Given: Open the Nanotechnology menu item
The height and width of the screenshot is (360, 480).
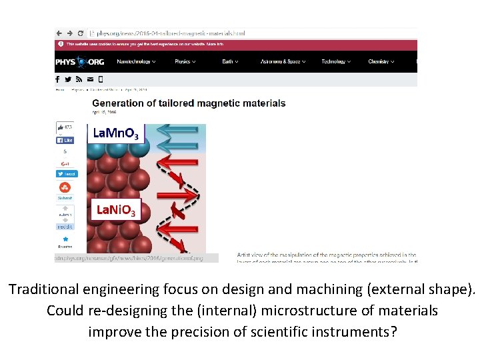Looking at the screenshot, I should pyautogui.click(x=135, y=62).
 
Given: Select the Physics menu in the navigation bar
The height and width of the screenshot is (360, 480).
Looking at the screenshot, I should pyautogui.click(x=184, y=62).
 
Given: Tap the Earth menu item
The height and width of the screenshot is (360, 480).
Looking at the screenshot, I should pyautogui.click(x=229, y=62).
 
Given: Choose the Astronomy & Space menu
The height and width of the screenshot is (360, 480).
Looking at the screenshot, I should pyautogui.click(x=283, y=62).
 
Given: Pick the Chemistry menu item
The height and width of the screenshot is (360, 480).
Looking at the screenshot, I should pyautogui.click(x=381, y=62).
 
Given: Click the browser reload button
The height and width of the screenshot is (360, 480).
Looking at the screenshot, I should pyautogui.click(x=81, y=33).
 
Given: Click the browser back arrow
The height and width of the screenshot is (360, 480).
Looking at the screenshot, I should pyautogui.click(x=60, y=33).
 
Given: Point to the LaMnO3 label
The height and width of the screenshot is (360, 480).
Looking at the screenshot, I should pyautogui.click(x=116, y=134).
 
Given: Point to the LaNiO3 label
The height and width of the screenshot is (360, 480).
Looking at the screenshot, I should pyautogui.click(x=116, y=211).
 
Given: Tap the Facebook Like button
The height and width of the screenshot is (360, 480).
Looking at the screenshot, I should pyautogui.click(x=65, y=141).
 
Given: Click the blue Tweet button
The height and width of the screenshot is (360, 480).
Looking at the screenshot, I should pyautogui.click(x=66, y=173).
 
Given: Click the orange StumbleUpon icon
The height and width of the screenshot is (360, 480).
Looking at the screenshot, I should pyautogui.click(x=65, y=187).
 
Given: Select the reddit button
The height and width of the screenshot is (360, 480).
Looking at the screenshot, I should pyautogui.click(x=65, y=227).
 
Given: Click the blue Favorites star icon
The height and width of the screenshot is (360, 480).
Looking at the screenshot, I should pyautogui.click(x=65, y=239).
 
